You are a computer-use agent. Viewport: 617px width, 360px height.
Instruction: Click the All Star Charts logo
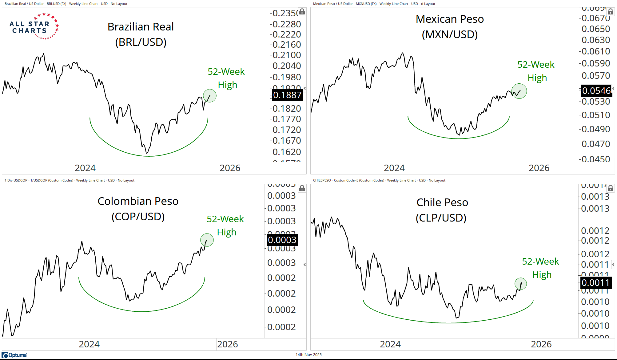tap(34, 26)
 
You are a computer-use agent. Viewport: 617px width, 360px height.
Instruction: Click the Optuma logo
tap(14, 355)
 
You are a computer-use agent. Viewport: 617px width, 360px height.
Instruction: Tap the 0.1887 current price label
tap(287, 95)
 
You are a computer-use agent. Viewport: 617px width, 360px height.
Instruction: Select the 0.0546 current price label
tap(596, 91)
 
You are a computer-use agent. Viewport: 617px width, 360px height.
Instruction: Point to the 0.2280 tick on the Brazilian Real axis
tap(287, 24)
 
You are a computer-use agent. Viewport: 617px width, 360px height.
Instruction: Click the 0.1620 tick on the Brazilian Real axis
tap(287, 152)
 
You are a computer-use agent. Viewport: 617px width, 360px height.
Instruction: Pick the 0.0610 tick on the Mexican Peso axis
tap(596, 51)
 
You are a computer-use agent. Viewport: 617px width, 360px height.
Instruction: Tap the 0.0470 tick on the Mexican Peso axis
tap(596, 144)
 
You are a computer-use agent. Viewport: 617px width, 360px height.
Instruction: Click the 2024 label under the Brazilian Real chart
tap(85, 168)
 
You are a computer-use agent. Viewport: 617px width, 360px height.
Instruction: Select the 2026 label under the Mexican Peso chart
tap(539, 168)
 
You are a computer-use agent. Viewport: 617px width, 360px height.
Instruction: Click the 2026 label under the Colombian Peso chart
tap(227, 344)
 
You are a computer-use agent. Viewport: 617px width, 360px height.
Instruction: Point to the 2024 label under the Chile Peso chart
tap(390, 344)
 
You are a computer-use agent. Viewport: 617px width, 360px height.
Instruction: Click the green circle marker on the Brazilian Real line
tap(210, 96)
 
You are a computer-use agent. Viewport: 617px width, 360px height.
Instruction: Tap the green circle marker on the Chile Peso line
tap(521, 284)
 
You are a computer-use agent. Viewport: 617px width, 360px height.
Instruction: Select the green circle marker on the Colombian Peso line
tap(207, 240)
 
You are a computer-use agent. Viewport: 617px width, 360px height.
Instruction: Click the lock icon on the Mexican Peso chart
tap(611, 12)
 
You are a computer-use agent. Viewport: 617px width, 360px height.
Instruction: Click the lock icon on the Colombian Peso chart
tap(302, 188)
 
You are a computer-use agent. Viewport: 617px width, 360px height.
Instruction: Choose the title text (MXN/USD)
tap(450, 34)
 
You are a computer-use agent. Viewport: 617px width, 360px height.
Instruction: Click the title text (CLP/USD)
tap(441, 218)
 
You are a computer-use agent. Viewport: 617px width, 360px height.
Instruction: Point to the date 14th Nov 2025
tap(308, 355)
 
